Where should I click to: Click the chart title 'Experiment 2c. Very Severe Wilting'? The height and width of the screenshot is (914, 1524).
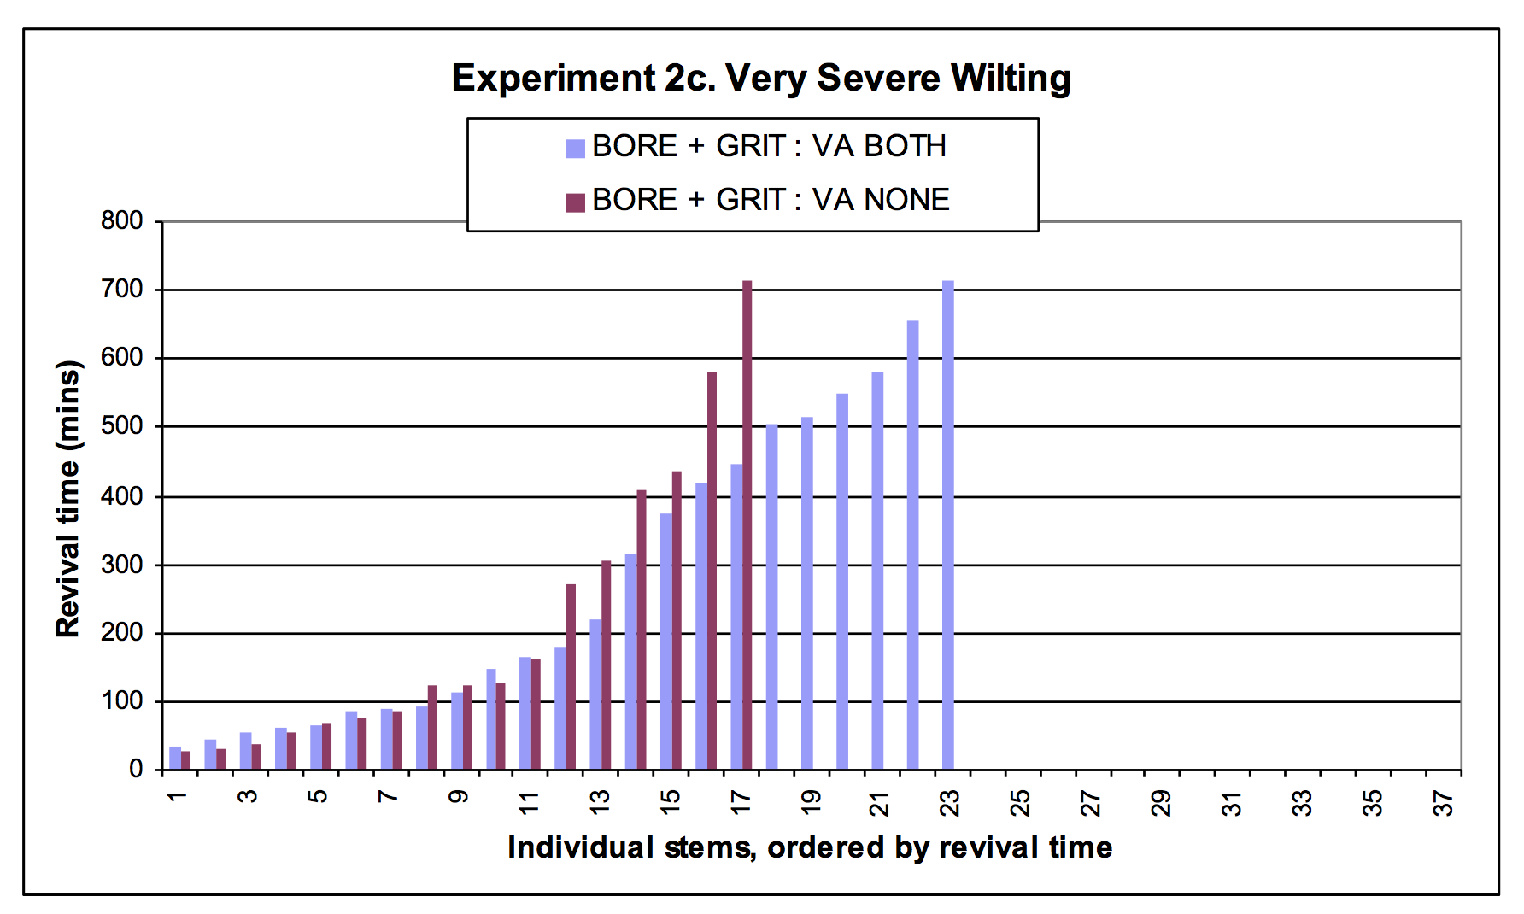(761, 78)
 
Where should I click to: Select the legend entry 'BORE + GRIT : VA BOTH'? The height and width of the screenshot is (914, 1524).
(756, 147)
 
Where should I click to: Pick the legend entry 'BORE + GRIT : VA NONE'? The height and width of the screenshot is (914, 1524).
(758, 201)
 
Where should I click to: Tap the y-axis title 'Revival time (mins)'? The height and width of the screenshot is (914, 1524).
(67, 499)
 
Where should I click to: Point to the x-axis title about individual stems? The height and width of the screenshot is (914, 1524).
(810, 847)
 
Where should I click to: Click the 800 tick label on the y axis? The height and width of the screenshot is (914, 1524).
(122, 220)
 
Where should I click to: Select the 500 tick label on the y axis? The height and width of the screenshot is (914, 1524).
(122, 425)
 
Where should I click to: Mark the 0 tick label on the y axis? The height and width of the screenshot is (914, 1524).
(136, 769)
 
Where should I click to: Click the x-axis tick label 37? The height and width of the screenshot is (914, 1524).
(1443, 803)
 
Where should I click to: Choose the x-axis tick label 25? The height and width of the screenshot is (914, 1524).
(1020, 803)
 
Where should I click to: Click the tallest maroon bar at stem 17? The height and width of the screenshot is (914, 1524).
(747, 525)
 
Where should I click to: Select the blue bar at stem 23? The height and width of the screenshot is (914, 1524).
(948, 525)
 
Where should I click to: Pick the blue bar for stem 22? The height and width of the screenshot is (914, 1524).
(913, 545)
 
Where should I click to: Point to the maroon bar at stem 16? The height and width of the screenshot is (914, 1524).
(712, 571)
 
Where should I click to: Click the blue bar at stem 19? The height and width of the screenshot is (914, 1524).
(807, 594)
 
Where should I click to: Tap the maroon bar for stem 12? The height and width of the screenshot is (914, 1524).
(571, 677)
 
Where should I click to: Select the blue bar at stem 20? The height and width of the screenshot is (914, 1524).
(842, 582)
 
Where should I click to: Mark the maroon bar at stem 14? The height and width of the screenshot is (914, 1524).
(642, 630)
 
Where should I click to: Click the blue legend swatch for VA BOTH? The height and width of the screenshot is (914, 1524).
(575, 149)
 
